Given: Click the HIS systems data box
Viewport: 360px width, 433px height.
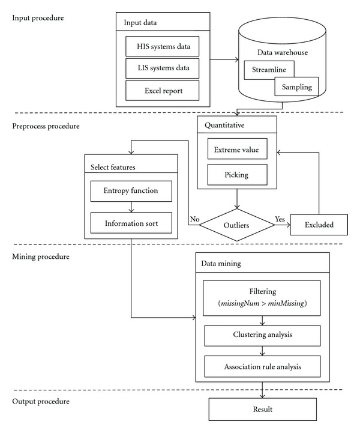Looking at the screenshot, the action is [162, 46].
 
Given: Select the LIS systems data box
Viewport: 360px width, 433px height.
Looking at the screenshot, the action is [162, 68].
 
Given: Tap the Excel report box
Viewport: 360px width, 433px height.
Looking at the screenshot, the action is [162, 91].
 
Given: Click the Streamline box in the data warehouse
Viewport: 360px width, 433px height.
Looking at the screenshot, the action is [269, 70].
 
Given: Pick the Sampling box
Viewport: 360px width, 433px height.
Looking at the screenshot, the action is [296, 86].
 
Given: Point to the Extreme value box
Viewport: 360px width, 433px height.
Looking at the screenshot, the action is [237, 149].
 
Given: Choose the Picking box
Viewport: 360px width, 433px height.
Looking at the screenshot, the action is [237, 175].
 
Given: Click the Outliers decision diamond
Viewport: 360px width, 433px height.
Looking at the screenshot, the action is [236, 225].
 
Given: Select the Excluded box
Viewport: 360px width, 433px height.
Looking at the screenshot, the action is [319, 225].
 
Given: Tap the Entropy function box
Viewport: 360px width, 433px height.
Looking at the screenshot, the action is [131, 191].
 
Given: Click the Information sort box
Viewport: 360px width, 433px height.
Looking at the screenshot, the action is [131, 223].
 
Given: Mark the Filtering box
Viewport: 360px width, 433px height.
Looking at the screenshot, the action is [262, 298].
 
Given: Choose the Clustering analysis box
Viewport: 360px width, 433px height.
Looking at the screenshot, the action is [262, 336].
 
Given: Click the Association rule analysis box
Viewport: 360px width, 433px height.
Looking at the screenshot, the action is [262, 367].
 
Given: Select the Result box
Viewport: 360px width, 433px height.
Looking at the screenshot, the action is [262, 409].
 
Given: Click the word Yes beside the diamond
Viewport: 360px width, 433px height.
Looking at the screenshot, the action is [280, 219].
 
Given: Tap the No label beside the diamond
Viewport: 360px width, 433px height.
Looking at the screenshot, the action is [194, 219].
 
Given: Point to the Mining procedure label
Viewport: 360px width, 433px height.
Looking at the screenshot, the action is [41, 257].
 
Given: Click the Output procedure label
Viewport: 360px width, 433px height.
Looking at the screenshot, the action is [41, 401].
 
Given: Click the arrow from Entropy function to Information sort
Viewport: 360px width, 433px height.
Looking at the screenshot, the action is [131, 207].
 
